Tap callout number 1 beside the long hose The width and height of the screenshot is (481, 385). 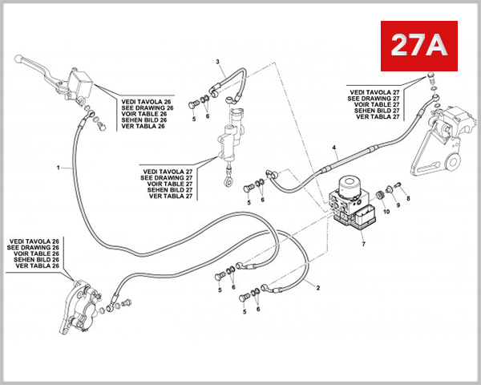(x=59, y=168)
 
